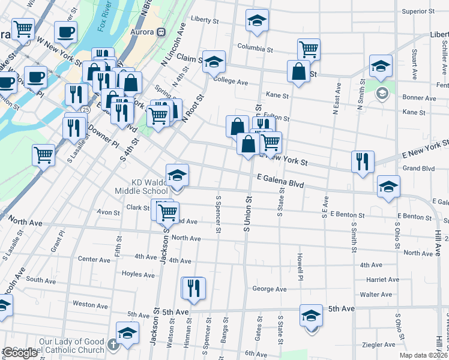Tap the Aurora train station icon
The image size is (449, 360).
(161, 32)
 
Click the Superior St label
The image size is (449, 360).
(418, 11)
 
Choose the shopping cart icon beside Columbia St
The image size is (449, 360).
(309, 49)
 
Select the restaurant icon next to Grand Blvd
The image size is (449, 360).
(363, 161)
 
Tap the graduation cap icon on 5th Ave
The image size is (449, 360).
(311, 316)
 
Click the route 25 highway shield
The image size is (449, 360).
(87, 110)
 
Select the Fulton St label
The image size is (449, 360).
(277, 118)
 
